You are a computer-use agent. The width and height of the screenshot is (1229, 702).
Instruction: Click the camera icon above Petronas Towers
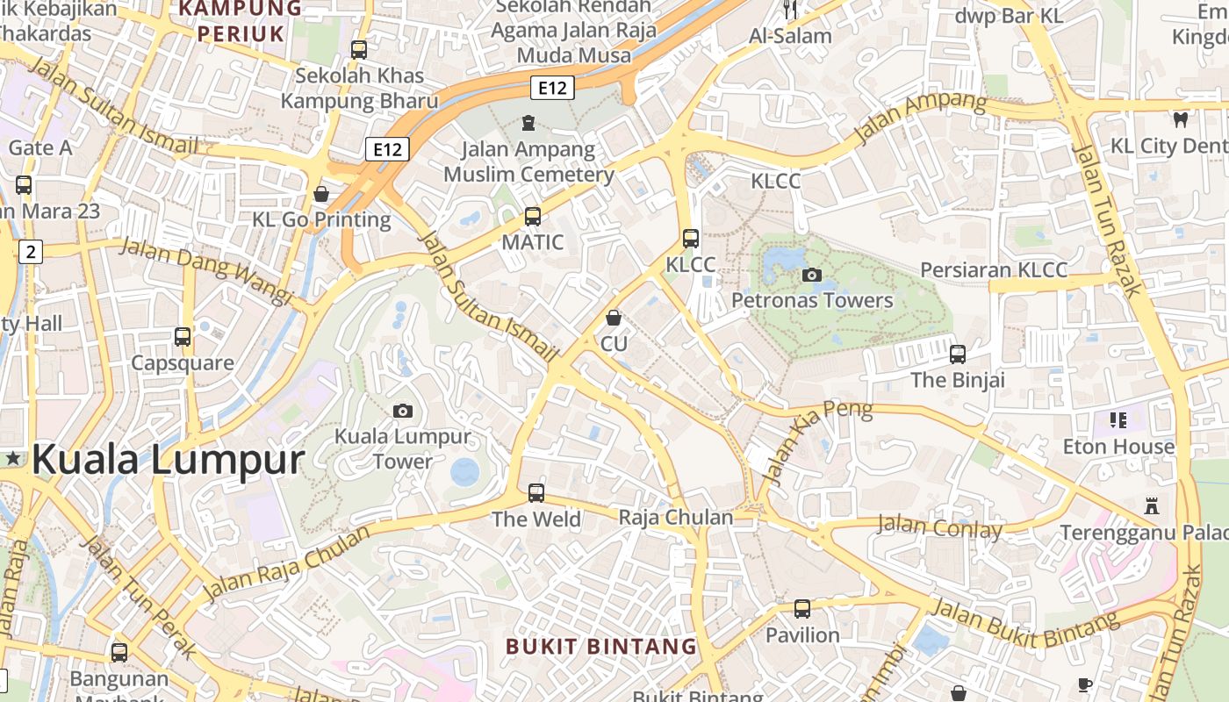(x=812, y=275)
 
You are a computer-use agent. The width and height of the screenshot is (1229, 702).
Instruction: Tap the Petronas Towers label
(x=812, y=300)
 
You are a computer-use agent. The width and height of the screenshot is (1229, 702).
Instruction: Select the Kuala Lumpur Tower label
(x=403, y=448)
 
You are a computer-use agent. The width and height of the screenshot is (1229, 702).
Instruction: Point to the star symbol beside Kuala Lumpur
(x=14, y=458)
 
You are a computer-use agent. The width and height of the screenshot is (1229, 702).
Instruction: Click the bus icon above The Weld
(x=536, y=493)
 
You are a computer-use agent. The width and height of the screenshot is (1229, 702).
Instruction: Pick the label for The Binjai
(x=957, y=380)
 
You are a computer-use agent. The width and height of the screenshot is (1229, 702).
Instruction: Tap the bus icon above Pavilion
(x=802, y=609)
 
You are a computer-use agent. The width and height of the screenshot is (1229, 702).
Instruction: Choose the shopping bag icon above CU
(x=614, y=318)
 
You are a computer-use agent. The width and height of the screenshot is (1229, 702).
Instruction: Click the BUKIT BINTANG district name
(x=601, y=647)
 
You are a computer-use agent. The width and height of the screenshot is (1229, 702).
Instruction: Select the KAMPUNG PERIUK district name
(x=241, y=21)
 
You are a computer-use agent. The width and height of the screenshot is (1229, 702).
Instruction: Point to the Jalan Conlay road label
(x=939, y=527)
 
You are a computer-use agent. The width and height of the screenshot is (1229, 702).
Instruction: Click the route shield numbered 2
(x=31, y=252)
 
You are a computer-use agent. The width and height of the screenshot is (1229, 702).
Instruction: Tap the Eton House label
(x=1118, y=447)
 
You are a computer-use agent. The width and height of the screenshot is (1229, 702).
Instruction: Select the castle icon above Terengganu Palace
(x=1152, y=506)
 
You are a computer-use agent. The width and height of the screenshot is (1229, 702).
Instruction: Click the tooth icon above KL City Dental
(x=1180, y=119)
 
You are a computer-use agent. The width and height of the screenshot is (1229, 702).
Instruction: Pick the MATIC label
(x=532, y=241)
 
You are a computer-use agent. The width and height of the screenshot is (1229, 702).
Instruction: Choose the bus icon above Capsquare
(x=183, y=337)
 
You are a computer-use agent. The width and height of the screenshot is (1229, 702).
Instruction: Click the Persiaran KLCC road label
(x=994, y=269)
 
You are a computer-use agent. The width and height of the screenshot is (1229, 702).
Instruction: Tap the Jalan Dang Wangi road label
(x=206, y=271)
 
